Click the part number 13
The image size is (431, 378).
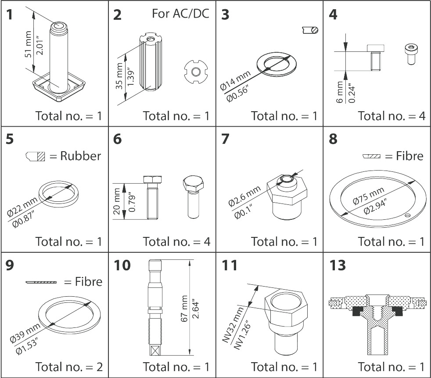tap(337, 265)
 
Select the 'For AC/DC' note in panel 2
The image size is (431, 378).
tap(180, 13)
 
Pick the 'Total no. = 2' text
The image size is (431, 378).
tap(69, 367)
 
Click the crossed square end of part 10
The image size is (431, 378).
tap(155, 350)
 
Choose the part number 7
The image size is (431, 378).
tap(226, 139)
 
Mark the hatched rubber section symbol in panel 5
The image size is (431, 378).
tap(33, 156)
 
